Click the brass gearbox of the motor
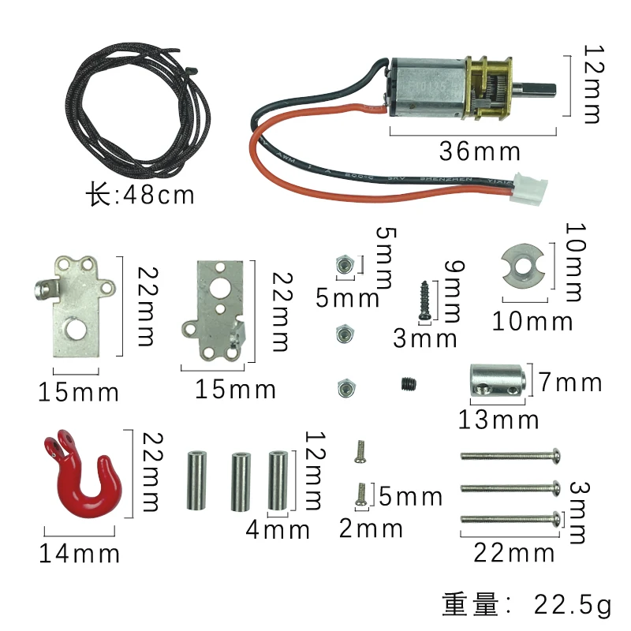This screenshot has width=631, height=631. click(x=488, y=88)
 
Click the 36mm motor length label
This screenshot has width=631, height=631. click(x=480, y=151)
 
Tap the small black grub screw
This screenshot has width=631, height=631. click(x=406, y=385)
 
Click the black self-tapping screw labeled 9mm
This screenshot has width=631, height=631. click(x=424, y=299)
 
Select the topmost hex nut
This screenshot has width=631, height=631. click(x=343, y=266)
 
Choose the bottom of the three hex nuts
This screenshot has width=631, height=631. click(x=343, y=387)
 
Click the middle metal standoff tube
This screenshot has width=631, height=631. click(x=238, y=481)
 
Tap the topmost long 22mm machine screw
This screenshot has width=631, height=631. click(x=510, y=455)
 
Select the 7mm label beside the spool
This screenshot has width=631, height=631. click(x=571, y=383)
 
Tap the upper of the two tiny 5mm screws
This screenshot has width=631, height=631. click(x=360, y=451)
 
